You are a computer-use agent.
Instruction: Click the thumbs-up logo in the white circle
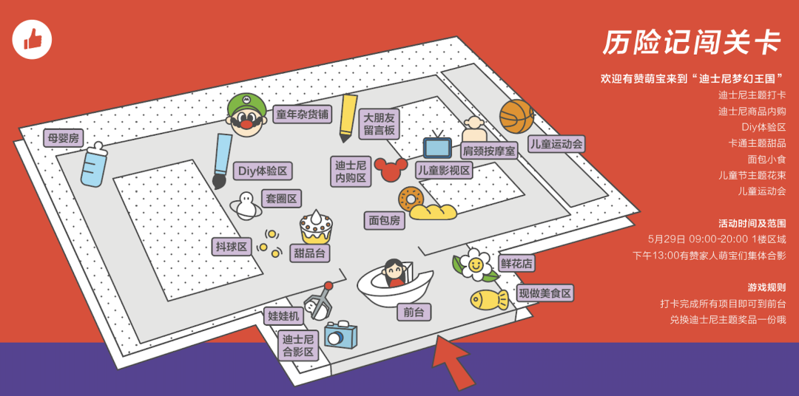pos(32,38)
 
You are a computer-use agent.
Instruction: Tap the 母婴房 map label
pos(62,138)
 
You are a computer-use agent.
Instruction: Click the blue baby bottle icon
pos(94,164)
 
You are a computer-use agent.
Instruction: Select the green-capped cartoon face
pos(246,115)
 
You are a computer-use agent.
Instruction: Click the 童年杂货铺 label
pos(303,115)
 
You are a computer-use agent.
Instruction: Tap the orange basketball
pos(516,116)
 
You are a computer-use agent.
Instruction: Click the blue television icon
pos(437,146)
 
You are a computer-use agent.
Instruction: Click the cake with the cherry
pos(316,227)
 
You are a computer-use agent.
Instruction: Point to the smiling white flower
pos(474,264)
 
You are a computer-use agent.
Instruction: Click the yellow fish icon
pos(489,299)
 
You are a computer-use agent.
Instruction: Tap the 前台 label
pos(414,313)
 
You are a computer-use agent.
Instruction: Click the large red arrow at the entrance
pos(452,360)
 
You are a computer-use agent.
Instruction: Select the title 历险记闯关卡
pos(691,43)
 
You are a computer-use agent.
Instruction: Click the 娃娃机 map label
pos(283,316)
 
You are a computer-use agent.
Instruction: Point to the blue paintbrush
pos(221,161)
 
